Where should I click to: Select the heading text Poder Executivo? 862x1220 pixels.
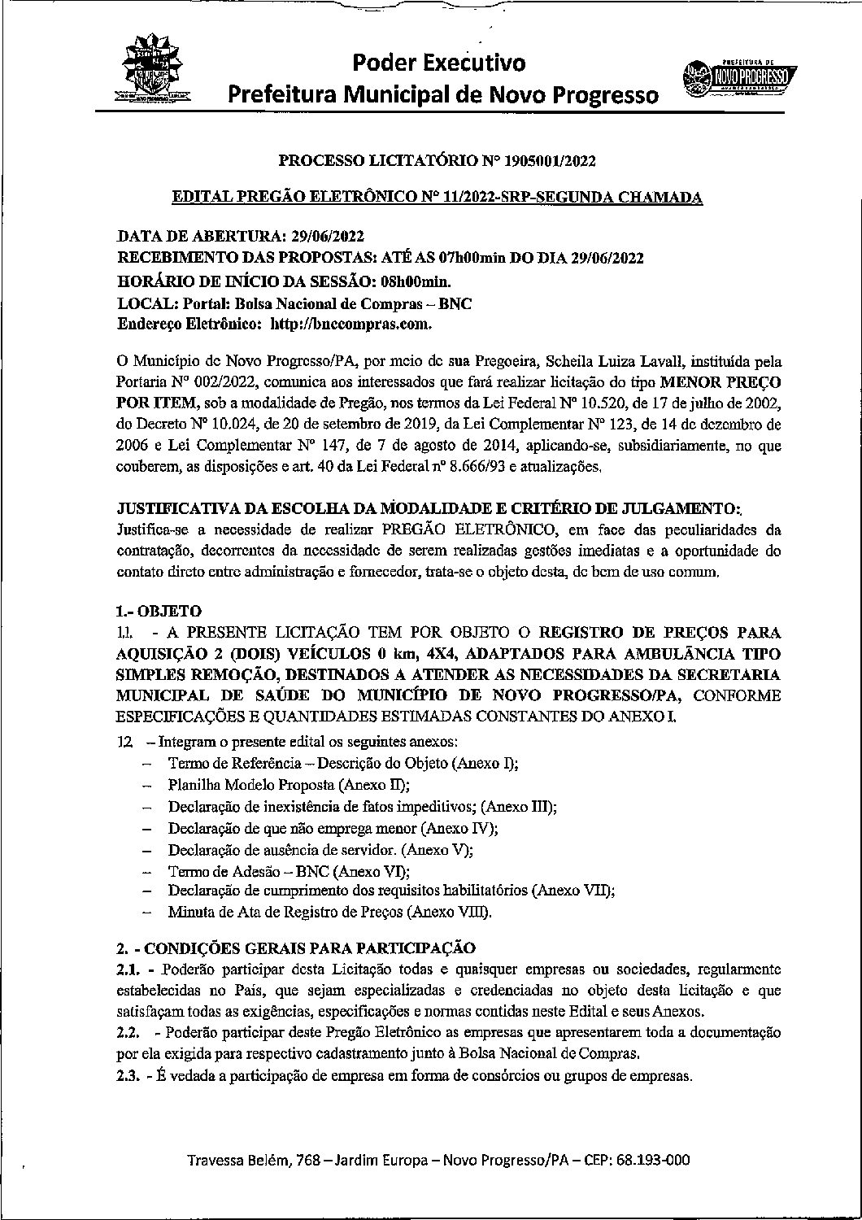pos(439,63)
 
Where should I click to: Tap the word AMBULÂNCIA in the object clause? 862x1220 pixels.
pos(660,653)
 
